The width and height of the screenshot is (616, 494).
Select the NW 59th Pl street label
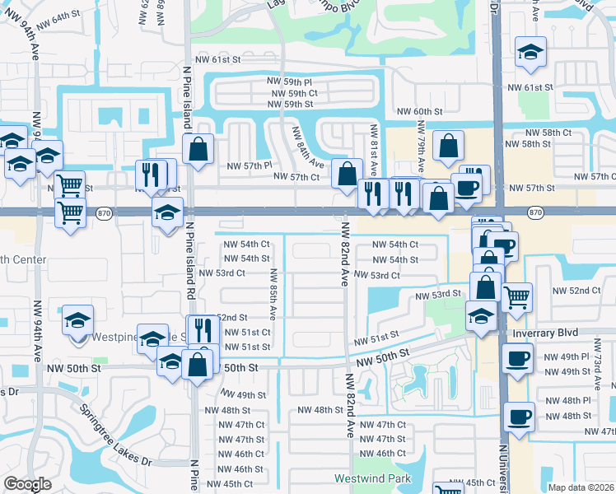289,82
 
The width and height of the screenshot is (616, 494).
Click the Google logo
27,484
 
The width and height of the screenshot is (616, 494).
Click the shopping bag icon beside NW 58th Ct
447,147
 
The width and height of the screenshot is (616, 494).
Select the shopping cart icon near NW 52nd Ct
516,296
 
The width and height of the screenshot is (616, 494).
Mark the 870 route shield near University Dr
536,212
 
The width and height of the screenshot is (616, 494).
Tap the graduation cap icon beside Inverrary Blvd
482,315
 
